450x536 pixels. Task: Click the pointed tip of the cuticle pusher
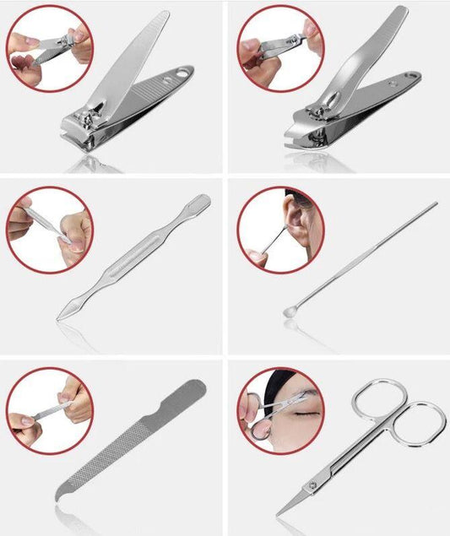pos(60,317)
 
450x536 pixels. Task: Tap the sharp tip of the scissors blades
pos(279,512)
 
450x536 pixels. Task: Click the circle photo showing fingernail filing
pos(49,408)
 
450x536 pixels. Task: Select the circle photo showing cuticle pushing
pos(49,228)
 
